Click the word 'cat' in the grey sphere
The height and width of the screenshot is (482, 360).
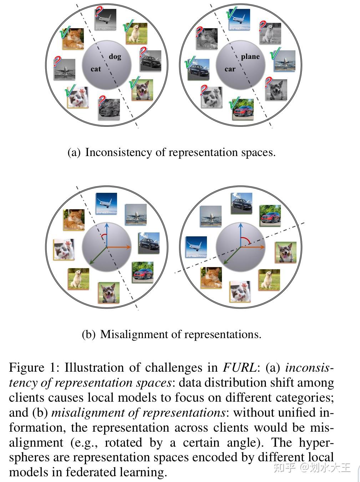96,69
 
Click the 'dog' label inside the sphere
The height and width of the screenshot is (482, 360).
115,56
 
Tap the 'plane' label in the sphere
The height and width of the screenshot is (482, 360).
250,56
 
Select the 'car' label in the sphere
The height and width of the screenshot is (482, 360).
230,69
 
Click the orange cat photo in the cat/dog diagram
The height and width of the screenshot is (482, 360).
73,38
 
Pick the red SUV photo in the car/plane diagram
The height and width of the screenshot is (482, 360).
243,109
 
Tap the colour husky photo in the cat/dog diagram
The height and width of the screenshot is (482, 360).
142,90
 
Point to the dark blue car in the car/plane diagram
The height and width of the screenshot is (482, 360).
199,70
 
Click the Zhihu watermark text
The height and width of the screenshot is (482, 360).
312,467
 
